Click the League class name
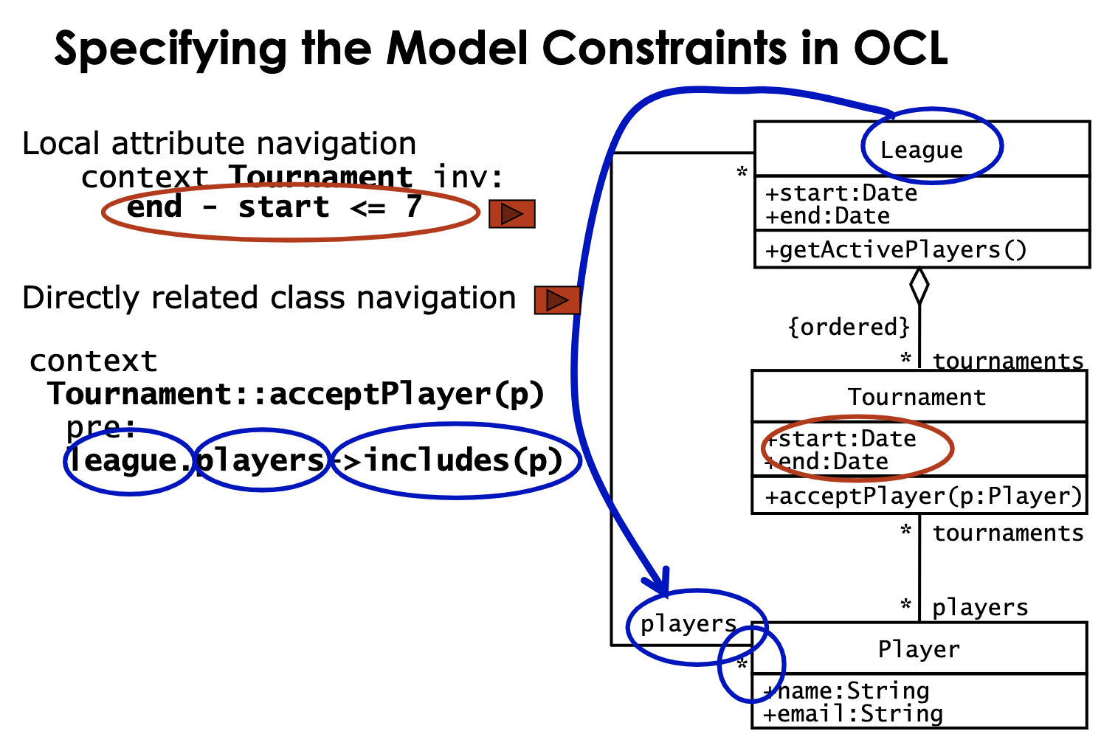(921, 150)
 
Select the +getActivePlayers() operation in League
(895, 250)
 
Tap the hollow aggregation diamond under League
(919, 286)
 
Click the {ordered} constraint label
(849, 326)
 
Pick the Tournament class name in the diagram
(916, 397)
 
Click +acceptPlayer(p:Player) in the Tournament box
(922, 496)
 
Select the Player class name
(918, 649)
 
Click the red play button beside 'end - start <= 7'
(511, 214)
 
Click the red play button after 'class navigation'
(557, 300)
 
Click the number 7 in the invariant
(413, 207)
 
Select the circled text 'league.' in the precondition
(129, 460)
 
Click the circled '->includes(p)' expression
(456, 460)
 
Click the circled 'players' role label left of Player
(688, 624)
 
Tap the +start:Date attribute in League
(841, 193)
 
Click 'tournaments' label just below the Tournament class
(1007, 533)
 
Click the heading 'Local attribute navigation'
(219, 143)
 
